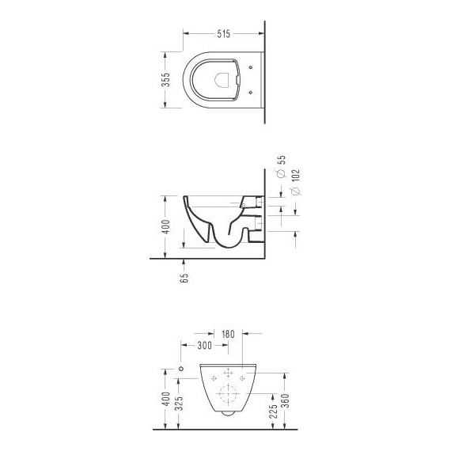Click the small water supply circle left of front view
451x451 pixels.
tap(180, 370)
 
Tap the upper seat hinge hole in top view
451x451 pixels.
tap(250, 67)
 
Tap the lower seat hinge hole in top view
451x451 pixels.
tap(250, 93)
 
